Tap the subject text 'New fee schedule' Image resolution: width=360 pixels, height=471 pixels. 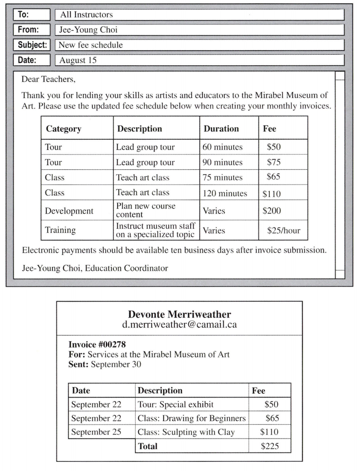[91, 45]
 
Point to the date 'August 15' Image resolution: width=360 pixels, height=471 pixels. [78, 60]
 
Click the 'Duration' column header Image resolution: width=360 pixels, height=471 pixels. [221, 129]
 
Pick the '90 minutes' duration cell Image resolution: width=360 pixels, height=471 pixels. [223, 162]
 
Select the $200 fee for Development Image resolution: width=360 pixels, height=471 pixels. [272, 211]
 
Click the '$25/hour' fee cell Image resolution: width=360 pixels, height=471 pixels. [284, 230]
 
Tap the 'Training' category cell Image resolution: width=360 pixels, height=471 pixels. [60, 230]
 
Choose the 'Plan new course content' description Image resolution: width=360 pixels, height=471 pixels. [146, 210]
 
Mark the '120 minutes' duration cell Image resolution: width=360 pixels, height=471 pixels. [225, 194]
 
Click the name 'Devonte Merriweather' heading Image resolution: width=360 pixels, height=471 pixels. [179, 315]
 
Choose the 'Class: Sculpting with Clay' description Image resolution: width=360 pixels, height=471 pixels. [186, 432]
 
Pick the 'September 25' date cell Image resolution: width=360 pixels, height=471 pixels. [96, 432]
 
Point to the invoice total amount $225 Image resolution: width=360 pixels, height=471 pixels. [270, 446]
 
